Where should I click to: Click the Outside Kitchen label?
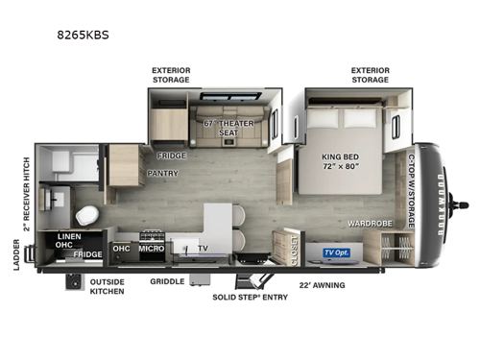pyautogui.click(x=107, y=286)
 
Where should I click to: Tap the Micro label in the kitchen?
pyautogui.click(x=150, y=249)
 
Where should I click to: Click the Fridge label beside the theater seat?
pyautogui.click(x=172, y=155)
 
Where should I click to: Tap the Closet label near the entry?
pyautogui.click(x=293, y=248)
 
